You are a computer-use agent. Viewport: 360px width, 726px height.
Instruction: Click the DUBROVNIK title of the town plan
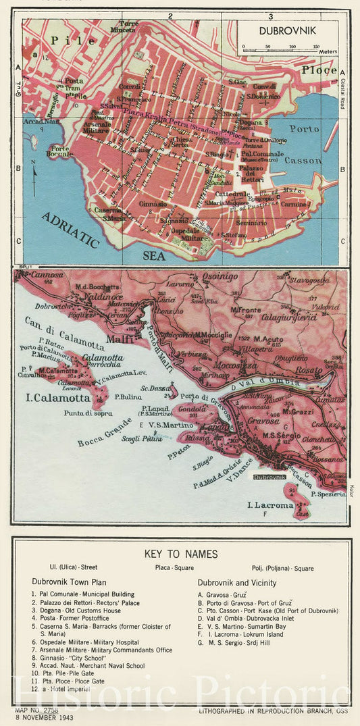[286, 30]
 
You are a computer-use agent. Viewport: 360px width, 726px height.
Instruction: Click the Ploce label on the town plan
[318, 70]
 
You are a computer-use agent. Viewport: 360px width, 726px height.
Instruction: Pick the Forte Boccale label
[59, 151]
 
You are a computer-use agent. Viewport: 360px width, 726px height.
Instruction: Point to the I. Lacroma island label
[269, 505]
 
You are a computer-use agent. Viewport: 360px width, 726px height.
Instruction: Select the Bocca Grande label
[105, 425]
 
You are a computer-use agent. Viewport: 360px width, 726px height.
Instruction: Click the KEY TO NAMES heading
[181, 554]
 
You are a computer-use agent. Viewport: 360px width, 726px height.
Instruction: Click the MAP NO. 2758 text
[37, 710]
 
